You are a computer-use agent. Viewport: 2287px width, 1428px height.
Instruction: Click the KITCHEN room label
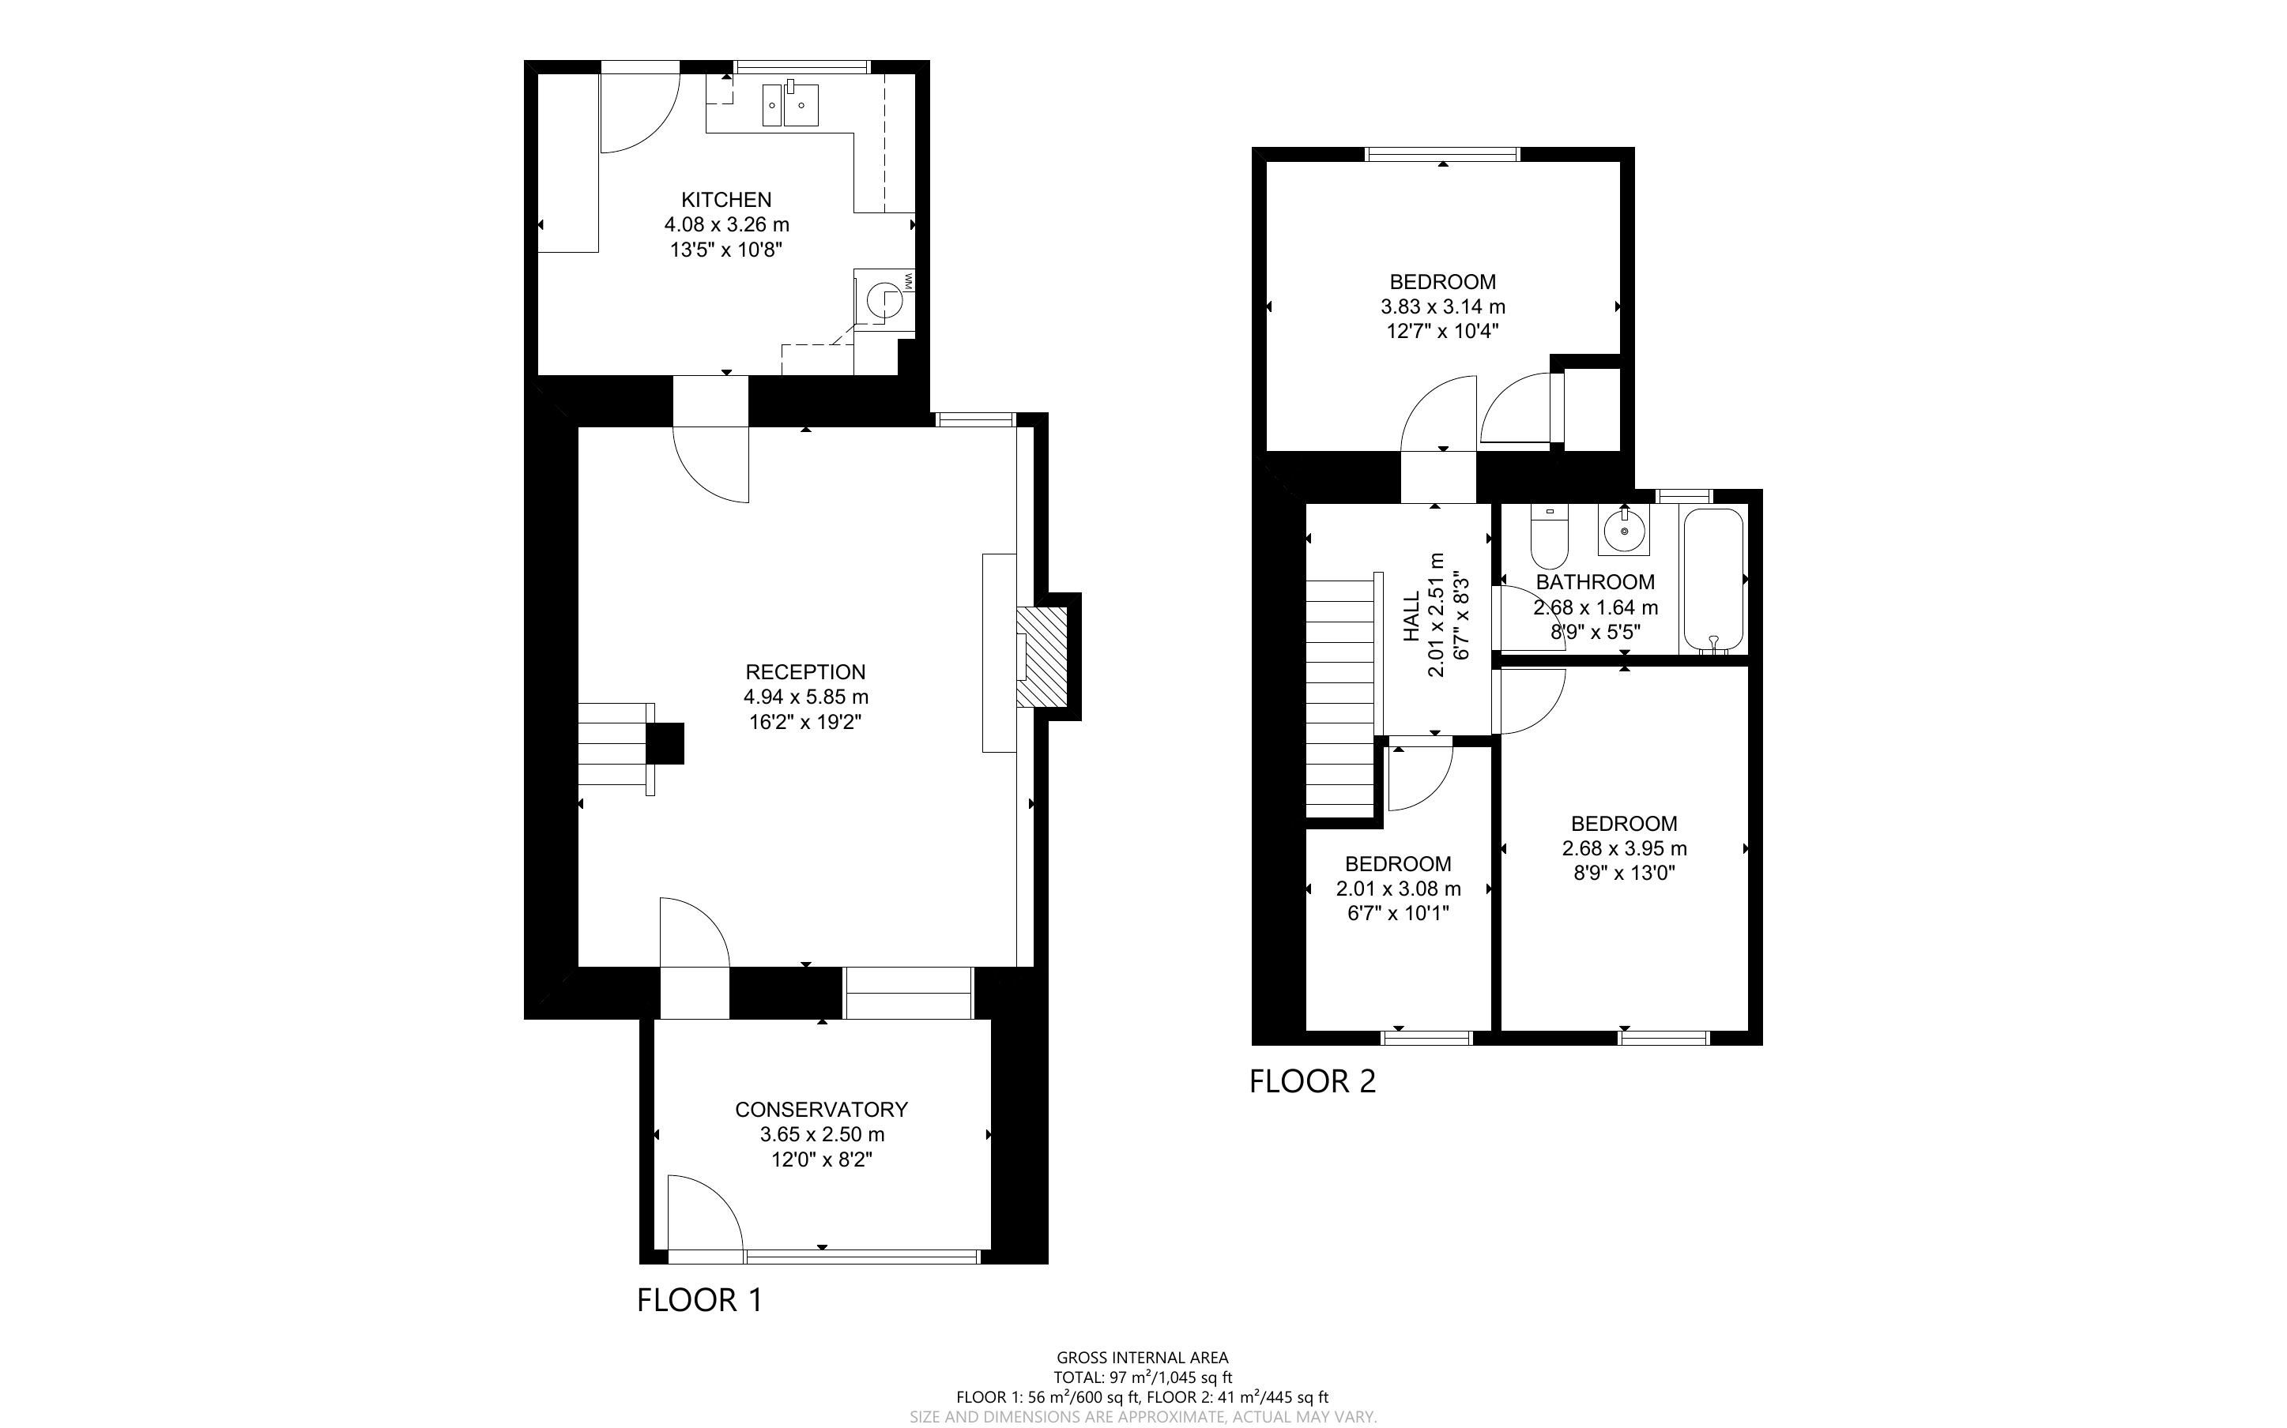(726, 199)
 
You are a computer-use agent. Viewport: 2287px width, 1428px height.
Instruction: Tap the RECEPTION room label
(806, 671)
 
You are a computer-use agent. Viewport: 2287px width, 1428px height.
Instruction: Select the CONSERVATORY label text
(822, 1109)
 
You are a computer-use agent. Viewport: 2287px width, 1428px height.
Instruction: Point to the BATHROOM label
(1596, 582)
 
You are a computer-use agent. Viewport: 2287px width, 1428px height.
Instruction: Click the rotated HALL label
(1411, 616)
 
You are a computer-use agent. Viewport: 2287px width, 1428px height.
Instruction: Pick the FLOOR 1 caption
(700, 1301)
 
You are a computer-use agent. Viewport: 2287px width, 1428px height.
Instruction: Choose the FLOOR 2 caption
(1313, 1081)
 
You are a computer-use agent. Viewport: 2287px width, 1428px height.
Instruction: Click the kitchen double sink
(791, 104)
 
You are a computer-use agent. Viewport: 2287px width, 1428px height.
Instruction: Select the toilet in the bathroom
(1549, 535)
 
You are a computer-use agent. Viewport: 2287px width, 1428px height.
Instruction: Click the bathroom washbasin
(1624, 530)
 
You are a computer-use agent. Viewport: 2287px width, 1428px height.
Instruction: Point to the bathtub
(1713, 580)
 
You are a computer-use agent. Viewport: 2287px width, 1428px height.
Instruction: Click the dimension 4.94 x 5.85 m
(806, 697)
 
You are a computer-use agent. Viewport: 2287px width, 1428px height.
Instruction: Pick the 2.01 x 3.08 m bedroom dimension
(1398, 889)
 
